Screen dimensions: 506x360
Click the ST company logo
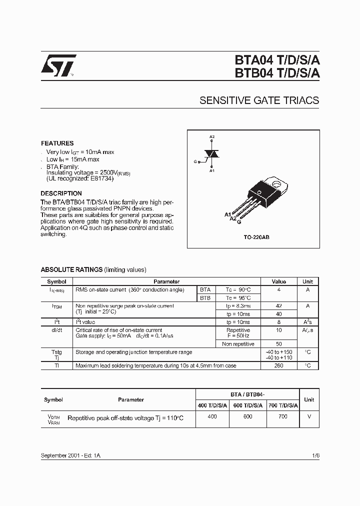[x=58, y=65]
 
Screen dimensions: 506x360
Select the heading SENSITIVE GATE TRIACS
[x=259, y=100]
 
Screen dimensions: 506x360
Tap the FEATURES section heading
[x=57, y=143]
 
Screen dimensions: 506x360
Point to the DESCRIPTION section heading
[x=61, y=193]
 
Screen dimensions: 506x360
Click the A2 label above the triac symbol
[x=212, y=137]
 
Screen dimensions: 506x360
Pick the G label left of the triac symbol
[x=195, y=161]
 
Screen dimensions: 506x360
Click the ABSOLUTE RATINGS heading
[x=71, y=269]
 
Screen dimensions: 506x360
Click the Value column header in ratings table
[x=278, y=281]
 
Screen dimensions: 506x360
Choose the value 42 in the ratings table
[x=278, y=305]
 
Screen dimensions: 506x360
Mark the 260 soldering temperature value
[x=278, y=365]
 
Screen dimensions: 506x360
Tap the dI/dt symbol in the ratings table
[x=57, y=330]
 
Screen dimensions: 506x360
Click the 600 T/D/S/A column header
[x=247, y=405]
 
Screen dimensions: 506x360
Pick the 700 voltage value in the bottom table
[x=282, y=416]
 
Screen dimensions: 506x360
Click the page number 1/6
[x=314, y=456]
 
